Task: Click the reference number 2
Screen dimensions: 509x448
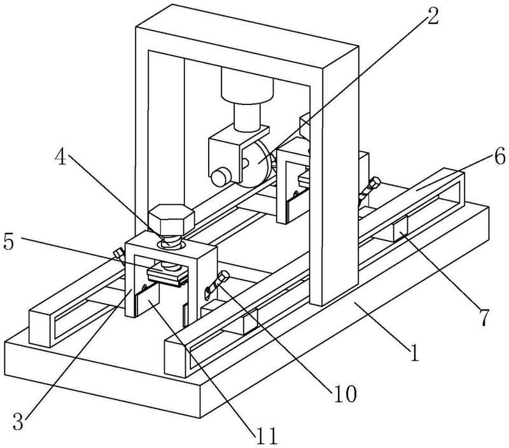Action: click(432, 16)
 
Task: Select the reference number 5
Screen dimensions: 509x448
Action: click(9, 242)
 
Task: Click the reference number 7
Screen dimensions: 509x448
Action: click(484, 317)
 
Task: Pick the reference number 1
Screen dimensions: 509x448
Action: click(414, 353)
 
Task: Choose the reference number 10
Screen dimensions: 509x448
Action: click(345, 394)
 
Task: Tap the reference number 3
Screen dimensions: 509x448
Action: click(18, 422)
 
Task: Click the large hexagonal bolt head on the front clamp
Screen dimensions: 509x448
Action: click(171, 220)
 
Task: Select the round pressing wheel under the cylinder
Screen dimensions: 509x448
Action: click(258, 164)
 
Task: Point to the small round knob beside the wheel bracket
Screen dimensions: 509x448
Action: click(221, 177)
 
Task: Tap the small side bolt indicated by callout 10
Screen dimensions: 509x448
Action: click(218, 283)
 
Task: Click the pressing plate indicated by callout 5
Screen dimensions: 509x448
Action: click(168, 274)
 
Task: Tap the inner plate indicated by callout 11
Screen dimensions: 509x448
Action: click(148, 298)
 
